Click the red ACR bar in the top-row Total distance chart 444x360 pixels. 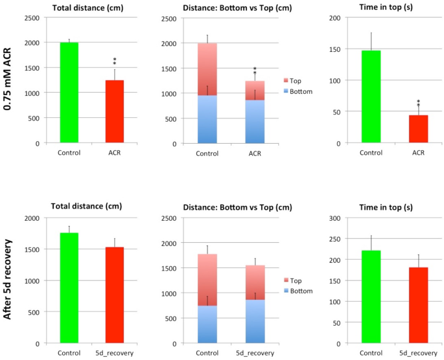pyautogui.click(x=114, y=111)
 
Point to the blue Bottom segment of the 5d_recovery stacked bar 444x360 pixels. pyautogui.click(x=255, y=321)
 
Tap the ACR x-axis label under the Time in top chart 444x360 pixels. pyautogui.click(x=418, y=153)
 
